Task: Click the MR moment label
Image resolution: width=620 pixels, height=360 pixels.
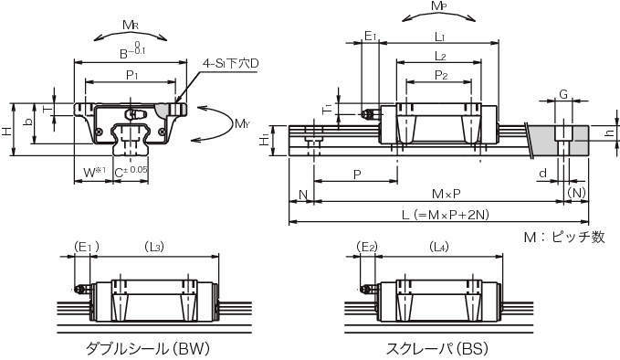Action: [x=131, y=26]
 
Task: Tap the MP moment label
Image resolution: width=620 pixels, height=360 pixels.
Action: [x=439, y=5]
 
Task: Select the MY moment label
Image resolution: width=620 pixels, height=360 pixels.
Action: [x=242, y=124]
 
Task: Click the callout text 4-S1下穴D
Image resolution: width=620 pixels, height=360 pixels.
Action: [x=230, y=63]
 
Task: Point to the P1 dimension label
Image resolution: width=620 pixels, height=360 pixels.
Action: [x=131, y=75]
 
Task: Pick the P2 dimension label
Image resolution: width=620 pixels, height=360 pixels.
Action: [x=441, y=75]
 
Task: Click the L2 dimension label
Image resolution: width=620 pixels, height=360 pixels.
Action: [x=440, y=56]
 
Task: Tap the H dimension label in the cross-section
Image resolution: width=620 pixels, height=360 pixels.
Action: [x=6, y=131]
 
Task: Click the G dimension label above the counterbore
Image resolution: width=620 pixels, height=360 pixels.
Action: [x=563, y=94]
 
